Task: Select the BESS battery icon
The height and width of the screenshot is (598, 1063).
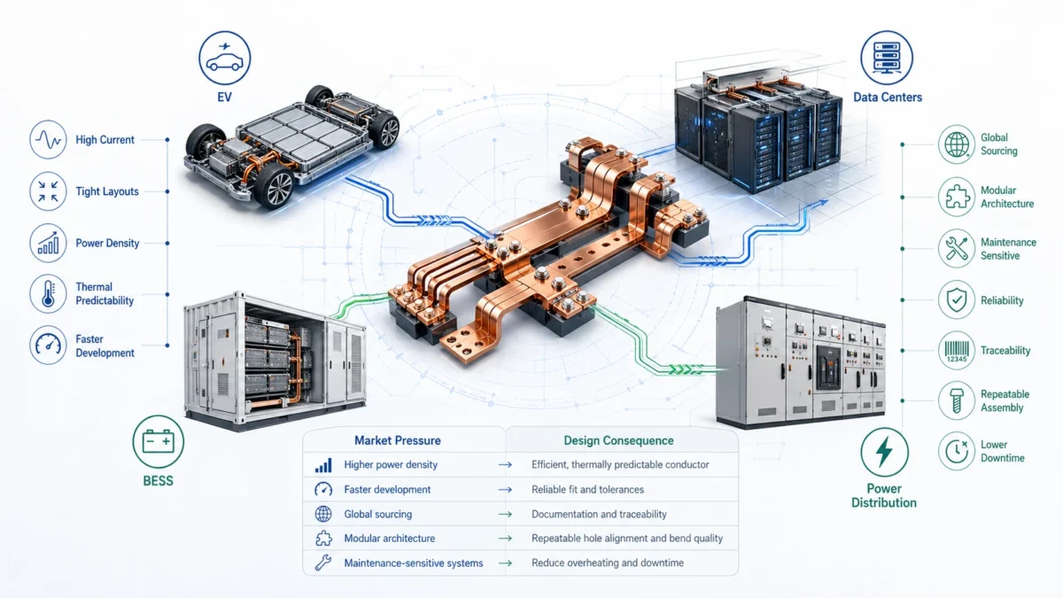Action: [x=157, y=440]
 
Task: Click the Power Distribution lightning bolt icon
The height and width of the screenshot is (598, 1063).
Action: [x=883, y=453]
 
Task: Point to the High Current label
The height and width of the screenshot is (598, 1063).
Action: [x=105, y=140]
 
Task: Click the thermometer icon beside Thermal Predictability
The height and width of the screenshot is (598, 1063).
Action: [x=47, y=293]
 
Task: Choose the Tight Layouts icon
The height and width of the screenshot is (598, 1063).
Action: [x=47, y=191]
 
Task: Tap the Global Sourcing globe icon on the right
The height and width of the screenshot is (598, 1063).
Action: [x=957, y=144]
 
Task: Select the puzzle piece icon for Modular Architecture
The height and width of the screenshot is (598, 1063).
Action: [x=957, y=197]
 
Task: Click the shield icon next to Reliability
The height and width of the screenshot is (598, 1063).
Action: [x=957, y=300]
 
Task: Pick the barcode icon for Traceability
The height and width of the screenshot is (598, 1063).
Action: [x=957, y=351]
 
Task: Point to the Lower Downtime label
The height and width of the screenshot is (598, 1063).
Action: [x=1002, y=451]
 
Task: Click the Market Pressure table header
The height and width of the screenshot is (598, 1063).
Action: [x=397, y=440]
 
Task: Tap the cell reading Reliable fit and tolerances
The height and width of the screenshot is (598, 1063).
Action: [x=587, y=489]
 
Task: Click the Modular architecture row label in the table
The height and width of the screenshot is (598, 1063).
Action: [x=389, y=538]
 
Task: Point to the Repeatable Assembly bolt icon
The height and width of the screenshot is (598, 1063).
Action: [x=957, y=400]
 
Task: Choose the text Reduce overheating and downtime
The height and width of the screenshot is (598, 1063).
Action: [x=607, y=563]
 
